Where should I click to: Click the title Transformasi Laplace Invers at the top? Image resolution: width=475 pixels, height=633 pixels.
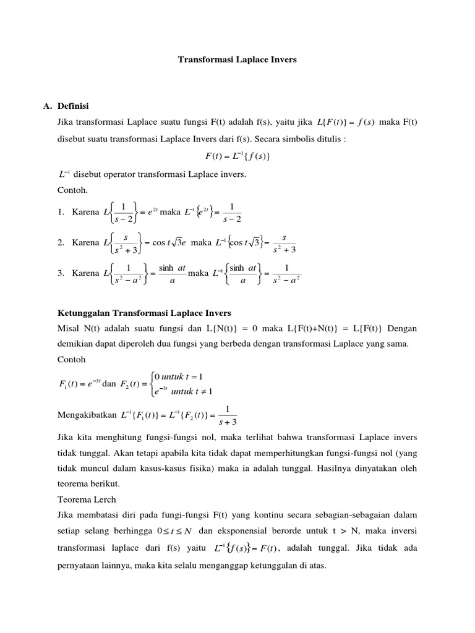pyautogui.click(x=237, y=60)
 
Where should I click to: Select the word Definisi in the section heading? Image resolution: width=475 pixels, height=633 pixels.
pyautogui.click(x=75, y=106)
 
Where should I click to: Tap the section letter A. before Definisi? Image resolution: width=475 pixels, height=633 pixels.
pyautogui.click(x=48, y=106)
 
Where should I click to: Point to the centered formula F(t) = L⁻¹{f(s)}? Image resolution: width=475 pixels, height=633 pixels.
pyautogui.click(x=237, y=156)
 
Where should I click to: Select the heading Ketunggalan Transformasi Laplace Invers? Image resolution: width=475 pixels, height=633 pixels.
pyautogui.click(x=144, y=313)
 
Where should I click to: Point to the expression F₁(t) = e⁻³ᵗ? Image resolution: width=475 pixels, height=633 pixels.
pyautogui.click(x=75, y=384)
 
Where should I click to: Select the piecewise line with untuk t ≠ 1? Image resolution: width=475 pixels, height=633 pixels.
pyautogui.click(x=183, y=391)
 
